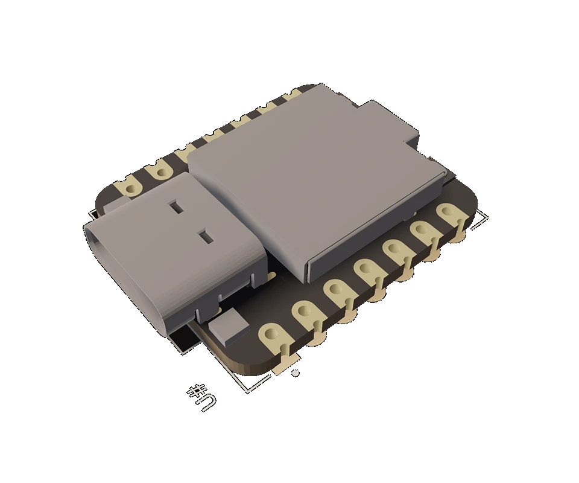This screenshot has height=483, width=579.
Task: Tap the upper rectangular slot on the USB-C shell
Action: [x=176, y=207]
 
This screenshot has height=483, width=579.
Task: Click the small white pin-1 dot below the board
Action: [x=295, y=374]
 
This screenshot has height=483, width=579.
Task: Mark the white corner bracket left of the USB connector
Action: [x=93, y=214]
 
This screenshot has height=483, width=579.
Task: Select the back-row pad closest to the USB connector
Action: [x=130, y=185]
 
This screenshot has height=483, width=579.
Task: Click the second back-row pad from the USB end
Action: [x=161, y=170]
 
